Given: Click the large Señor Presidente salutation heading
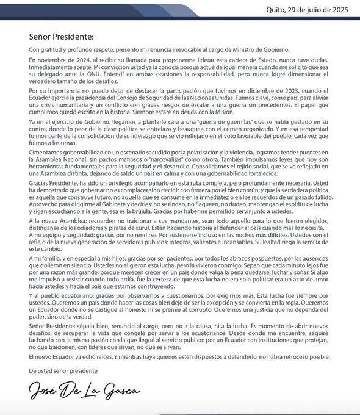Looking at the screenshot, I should (61, 37).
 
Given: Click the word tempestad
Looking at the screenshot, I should (312, 136).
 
